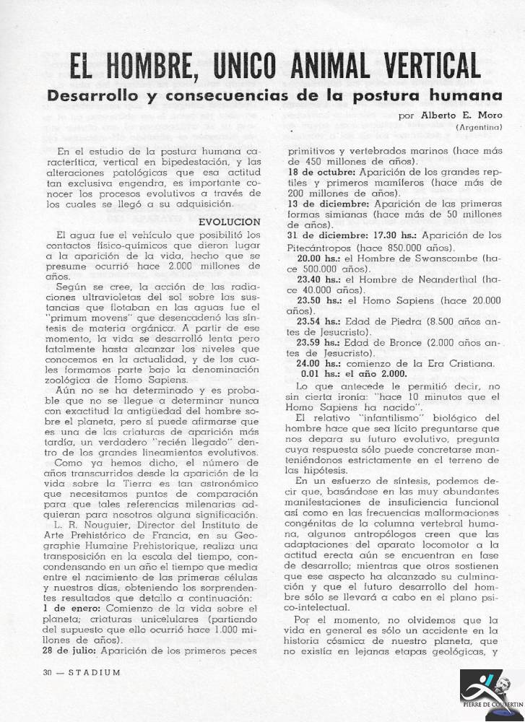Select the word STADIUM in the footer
pyautogui.click(x=92, y=672)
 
